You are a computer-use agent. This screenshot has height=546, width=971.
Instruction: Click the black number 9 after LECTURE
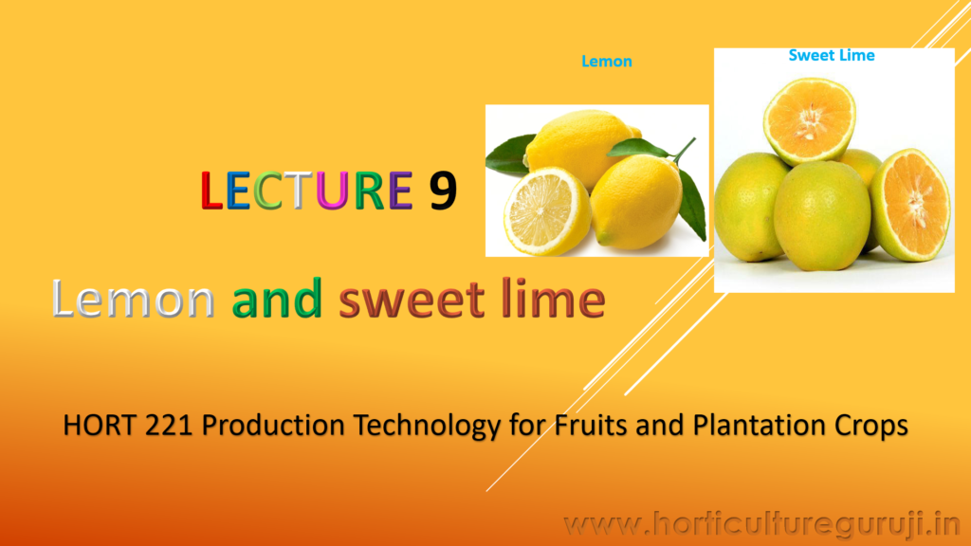coord(444,190)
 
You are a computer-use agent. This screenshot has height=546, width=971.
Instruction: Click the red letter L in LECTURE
coord(211,190)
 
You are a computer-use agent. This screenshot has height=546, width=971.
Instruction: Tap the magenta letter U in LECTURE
coord(331,190)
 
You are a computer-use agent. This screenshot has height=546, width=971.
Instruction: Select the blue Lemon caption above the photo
coord(607,62)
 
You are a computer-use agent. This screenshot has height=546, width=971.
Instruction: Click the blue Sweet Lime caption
coord(832,55)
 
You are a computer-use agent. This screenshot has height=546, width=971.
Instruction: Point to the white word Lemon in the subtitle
coord(133,299)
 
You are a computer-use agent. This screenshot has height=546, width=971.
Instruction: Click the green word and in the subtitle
coord(277,299)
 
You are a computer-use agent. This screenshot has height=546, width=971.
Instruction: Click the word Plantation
coord(760,426)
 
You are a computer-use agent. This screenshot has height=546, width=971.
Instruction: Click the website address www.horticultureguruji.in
coord(762,525)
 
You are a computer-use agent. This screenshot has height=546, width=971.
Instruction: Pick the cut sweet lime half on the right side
coord(912,205)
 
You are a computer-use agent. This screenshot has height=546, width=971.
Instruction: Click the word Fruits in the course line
coord(591,426)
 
